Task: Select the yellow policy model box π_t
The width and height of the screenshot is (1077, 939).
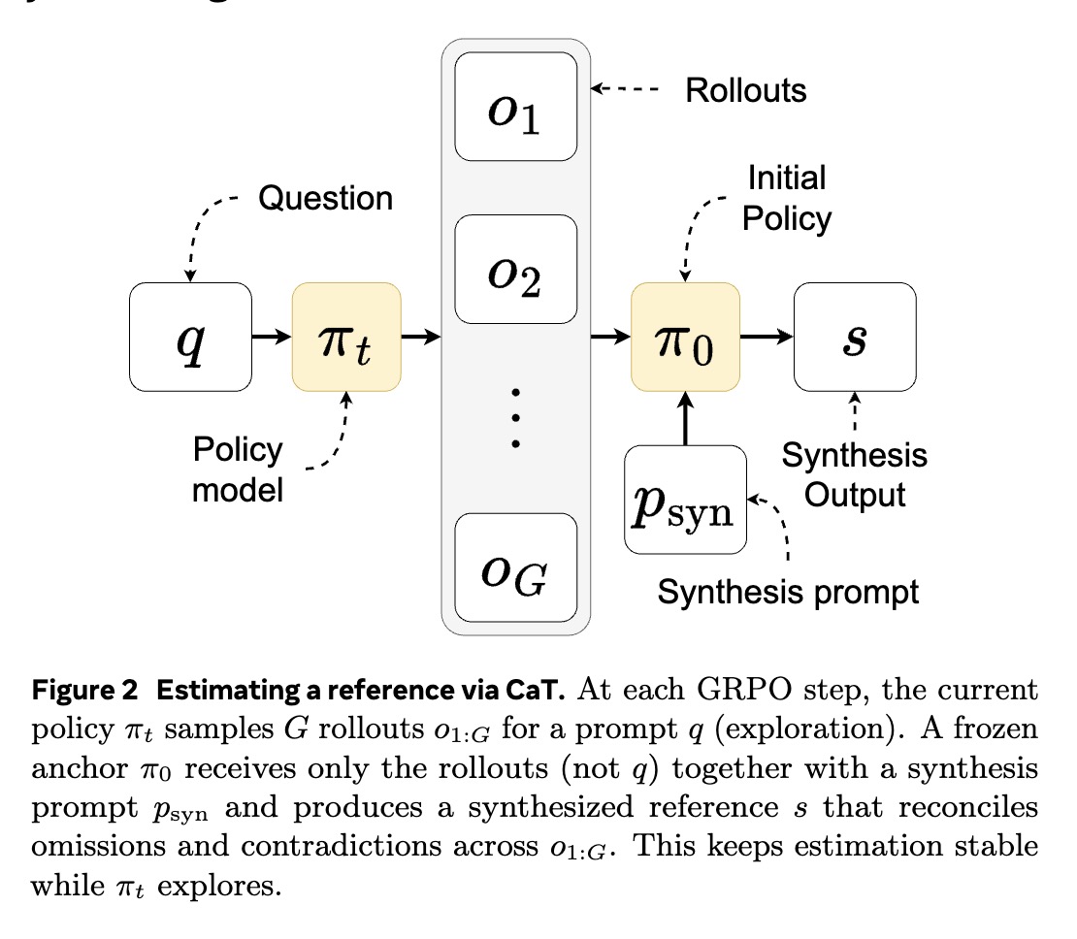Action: pos(346,337)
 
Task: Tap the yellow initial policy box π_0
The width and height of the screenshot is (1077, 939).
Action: pos(685,337)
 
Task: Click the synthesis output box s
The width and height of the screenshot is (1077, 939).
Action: pos(855,337)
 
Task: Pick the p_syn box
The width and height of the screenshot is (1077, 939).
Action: pos(685,500)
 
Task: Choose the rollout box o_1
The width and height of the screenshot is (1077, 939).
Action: pos(516,107)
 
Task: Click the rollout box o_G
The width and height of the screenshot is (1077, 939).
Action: pos(516,567)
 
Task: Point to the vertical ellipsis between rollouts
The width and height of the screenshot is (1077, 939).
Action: pos(516,417)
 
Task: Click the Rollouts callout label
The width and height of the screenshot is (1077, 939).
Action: pos(745,90)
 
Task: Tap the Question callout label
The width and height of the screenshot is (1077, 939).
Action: pos(325,198)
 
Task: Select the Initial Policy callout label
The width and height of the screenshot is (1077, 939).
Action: pos(786,199)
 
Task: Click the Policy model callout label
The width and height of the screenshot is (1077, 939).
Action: pos(238,469)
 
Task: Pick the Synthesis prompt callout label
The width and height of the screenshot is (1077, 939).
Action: pos(788,590)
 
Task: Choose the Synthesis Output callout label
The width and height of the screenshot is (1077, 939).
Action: pos(855,474)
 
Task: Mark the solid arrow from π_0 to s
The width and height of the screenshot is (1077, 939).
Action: pos(767,337)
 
